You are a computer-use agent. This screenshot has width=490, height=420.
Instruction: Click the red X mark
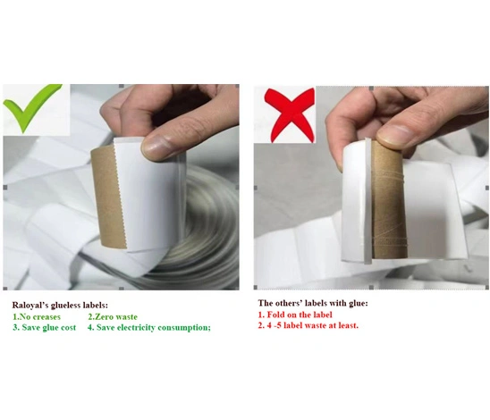click(x=290, y=115)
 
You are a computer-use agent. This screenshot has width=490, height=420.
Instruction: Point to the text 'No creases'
click(x=40, y=317)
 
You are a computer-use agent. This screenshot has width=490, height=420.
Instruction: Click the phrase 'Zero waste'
click(x=116, y=317)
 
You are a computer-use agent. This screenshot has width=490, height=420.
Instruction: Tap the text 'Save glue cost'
click(x=49, y=328)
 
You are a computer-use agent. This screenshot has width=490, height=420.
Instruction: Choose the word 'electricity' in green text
click(x=136, y=328)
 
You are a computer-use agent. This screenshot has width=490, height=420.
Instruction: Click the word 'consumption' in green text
click(x=184, y=328)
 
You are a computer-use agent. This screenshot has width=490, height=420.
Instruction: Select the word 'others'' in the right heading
click(x=288, y=303)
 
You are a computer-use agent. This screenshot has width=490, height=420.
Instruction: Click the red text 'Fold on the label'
click(x=300, y=315)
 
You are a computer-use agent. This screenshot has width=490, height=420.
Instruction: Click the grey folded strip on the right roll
click(x=368, y=201)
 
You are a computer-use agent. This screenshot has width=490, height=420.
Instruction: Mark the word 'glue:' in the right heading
click(x=359, y=303)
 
